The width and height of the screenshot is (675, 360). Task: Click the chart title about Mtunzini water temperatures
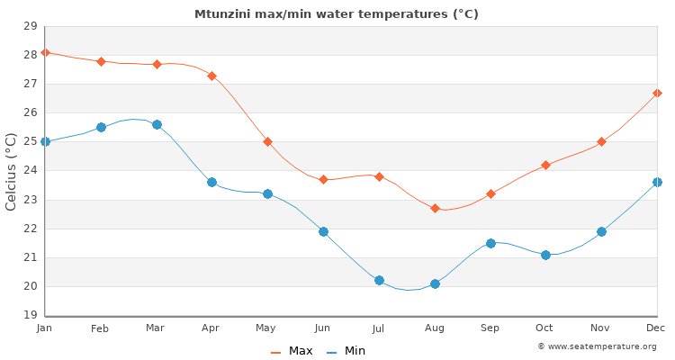click(337, 13)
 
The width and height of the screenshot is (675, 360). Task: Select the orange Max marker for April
click(211, 76)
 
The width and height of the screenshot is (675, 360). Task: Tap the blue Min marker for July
click(379, 281)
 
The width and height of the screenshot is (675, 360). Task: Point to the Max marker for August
click(435, 208)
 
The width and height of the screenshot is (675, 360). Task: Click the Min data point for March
click(157, 124)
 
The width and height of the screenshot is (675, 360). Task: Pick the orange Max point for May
click(267, 141)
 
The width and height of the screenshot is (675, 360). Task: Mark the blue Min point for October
click(545, 255)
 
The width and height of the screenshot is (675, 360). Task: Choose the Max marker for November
click(601, 141)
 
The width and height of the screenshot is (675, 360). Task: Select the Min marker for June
click(323, 231)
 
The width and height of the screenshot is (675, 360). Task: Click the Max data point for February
click(101, 61)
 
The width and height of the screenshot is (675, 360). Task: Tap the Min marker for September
click(490, 243)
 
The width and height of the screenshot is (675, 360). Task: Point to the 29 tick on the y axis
click(30, 26)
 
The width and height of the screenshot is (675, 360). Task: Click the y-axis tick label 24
click(30, 170)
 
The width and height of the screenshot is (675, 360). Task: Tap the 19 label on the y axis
click(30, 315)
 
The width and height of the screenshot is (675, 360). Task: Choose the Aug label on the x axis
click(435, 328)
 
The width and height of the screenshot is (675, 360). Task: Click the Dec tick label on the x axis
click(656, 328)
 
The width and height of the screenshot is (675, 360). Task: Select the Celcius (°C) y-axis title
click(12, 171)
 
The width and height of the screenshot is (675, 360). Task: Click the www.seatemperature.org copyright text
click(597, 346)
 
